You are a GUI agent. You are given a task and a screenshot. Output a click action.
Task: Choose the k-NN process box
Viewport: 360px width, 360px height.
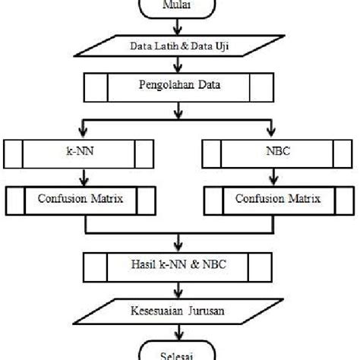pos(74,153)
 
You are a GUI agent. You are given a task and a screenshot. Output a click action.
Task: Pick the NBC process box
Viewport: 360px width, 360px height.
pos(280,153)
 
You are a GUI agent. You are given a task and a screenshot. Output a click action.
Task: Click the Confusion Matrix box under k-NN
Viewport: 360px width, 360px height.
pos(74,201)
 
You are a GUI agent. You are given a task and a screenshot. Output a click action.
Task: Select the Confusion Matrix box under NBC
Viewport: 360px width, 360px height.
pos(280,201)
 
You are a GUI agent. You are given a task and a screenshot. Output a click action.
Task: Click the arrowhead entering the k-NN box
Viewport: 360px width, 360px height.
pos(73,134)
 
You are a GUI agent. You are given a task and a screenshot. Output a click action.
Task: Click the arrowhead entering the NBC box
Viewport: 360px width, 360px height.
pos(280,134)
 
